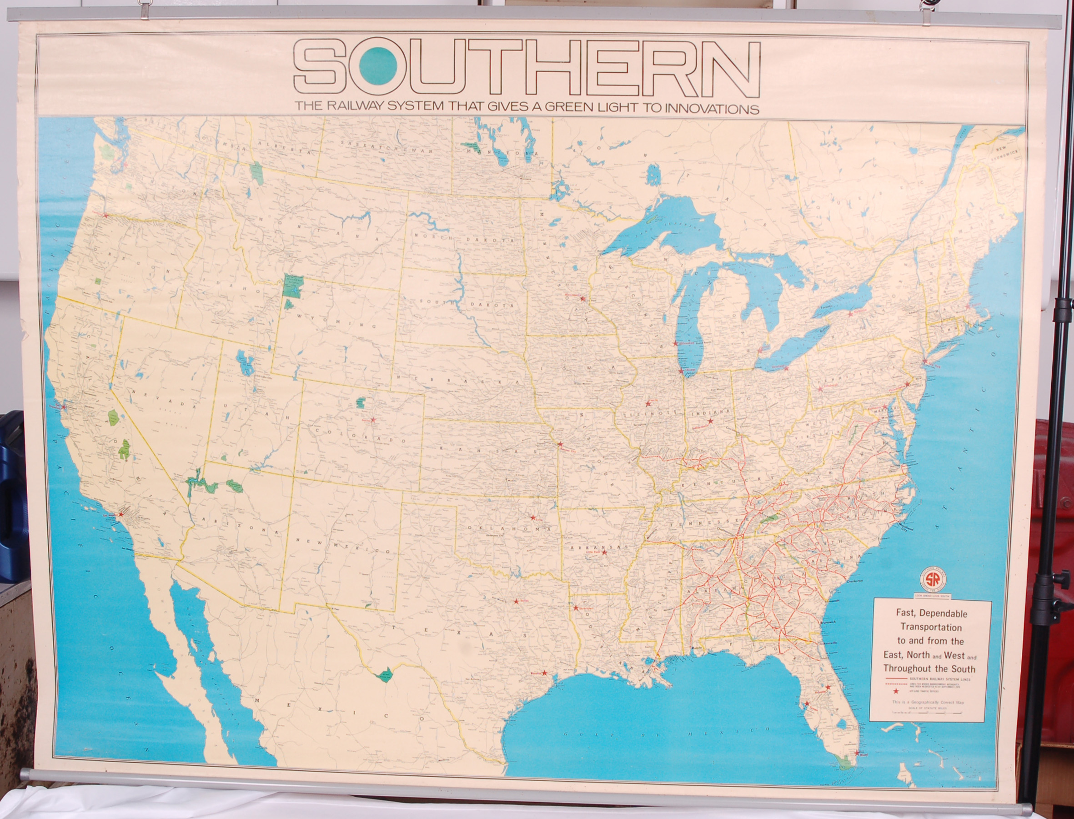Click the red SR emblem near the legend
point(933,580)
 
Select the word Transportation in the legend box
point(930,628)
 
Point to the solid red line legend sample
point(895,679)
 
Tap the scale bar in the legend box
point(927,712)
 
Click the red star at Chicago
point(681,371)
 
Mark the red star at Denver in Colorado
point(373,420)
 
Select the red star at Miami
point(857,753)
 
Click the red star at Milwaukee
point(675,343)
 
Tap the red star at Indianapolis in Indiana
point(710,420)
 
